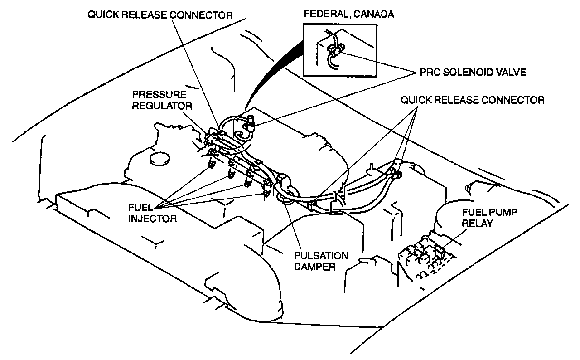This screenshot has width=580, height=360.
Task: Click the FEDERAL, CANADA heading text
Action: tap(349, 14)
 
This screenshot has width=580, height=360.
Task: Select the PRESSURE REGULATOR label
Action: tap(159, 101)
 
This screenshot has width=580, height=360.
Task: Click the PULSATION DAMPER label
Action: tap(321, 261)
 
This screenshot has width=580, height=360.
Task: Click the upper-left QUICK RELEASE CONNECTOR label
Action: tap(160, 15)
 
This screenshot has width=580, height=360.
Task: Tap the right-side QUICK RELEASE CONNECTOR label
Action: tap(472, 100)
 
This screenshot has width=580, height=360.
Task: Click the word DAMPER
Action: tap(314, 266)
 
